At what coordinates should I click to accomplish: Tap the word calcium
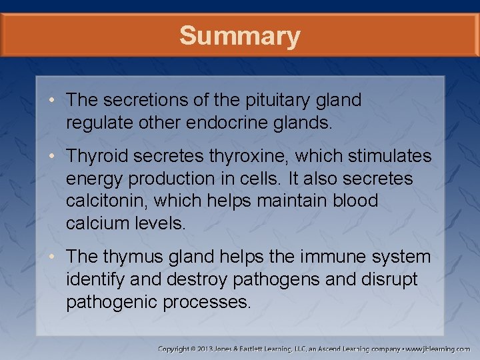pos(100,223)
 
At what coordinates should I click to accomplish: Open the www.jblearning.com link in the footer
pos(437,349)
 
